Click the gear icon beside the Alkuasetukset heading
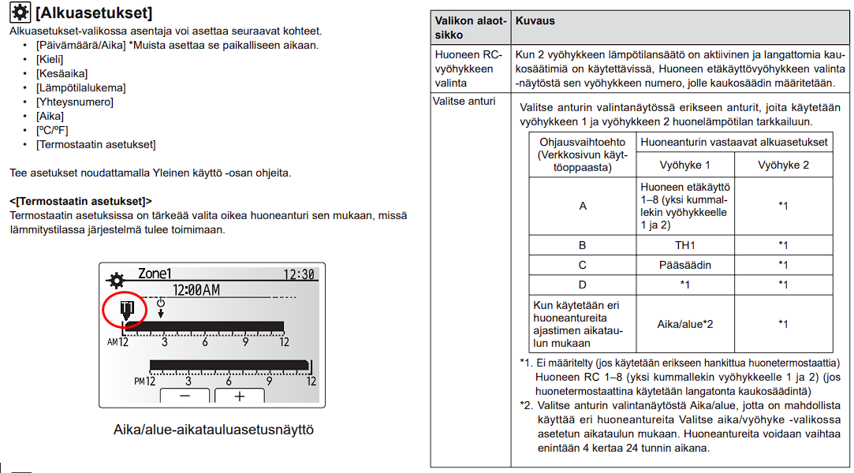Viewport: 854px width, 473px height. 20,13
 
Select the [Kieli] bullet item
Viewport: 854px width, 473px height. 49,59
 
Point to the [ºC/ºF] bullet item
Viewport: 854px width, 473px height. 52,130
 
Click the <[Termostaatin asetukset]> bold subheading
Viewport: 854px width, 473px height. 80,201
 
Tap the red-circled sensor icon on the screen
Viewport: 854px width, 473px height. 125,310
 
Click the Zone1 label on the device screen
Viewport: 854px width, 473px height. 154,274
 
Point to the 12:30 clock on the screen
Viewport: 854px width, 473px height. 300,274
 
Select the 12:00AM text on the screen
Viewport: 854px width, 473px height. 196,290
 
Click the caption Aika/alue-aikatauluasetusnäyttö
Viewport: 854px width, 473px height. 213,430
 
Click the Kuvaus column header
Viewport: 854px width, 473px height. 535,21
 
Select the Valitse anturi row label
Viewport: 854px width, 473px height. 464,101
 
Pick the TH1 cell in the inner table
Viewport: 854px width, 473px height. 684,245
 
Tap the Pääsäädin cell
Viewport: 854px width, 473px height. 684,265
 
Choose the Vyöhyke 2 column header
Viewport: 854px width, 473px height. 783,165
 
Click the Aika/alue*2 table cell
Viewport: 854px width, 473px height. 684,323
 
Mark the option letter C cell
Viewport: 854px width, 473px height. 582,265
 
